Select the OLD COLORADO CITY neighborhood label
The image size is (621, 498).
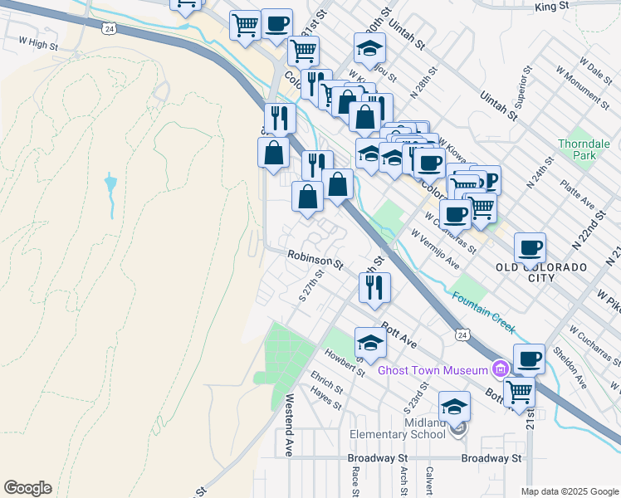coord(540,272)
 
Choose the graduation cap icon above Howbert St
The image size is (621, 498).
coord(370,342)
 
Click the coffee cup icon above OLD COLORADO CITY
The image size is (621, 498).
coord(530,247)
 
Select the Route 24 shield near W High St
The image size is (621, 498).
coord(109,29)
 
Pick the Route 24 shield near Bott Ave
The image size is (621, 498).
coord(462,334)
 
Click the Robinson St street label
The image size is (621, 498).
coord(315,261)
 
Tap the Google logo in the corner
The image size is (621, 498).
coord(27,488)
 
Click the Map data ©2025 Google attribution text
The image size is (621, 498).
coord(569,491)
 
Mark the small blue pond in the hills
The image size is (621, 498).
coord(110,184)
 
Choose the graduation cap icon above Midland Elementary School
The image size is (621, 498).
coord(454,406)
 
